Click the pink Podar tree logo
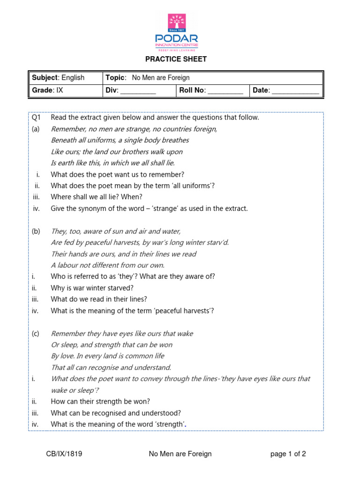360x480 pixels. point(177,23)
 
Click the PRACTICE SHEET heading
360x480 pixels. point(176,59)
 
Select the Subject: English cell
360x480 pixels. point(58,78)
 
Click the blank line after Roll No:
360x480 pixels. point(225,91)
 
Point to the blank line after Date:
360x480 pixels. point(295,91)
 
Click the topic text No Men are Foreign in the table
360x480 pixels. point(161,78)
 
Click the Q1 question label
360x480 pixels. point(36,118)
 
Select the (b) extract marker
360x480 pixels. point(36,231)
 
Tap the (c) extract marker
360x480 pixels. point(36,333)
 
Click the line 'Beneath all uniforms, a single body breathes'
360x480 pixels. point(120,140)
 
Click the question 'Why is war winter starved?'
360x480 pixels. point(92,288)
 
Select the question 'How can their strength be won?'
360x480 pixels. point(100,402)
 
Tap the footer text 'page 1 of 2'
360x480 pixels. point(288,454)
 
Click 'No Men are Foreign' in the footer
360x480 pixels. point(180,454)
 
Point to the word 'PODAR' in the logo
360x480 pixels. point(177,38)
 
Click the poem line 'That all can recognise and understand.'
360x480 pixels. point(111,367)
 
